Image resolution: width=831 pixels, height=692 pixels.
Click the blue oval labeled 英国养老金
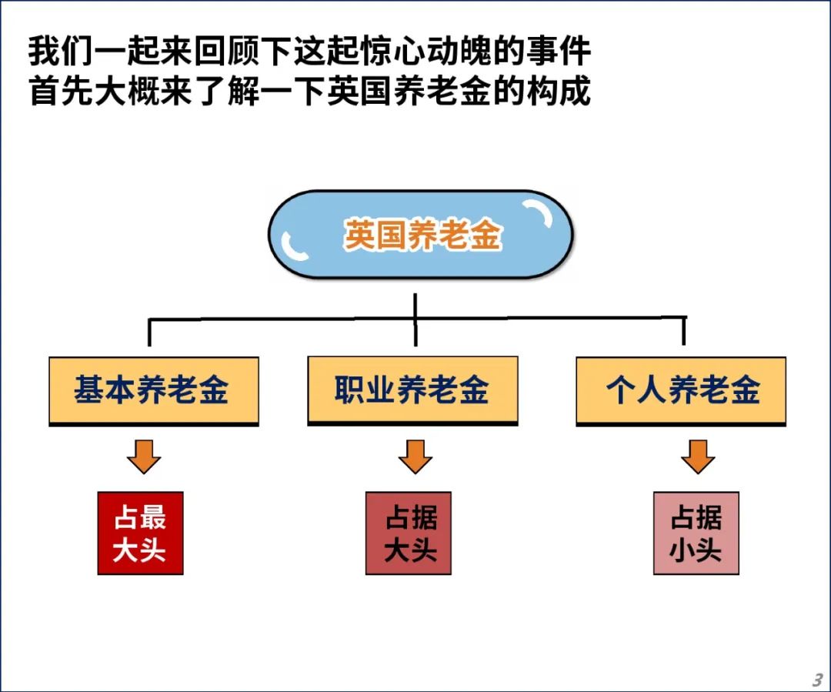click(x=421, y=234)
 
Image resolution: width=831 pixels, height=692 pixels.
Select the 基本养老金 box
click(x=154, y=391)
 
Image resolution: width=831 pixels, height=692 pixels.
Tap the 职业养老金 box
click(x=413, y=391)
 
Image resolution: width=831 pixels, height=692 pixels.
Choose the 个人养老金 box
click(x=681, y=391)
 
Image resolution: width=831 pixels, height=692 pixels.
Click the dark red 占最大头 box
click(x=141, y=533)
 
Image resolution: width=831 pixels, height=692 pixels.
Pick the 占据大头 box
click(x=409, y=533)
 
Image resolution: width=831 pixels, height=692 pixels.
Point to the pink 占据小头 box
click(x=696, y=533)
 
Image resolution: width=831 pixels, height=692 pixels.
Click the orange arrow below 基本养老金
click(x=144, y=456)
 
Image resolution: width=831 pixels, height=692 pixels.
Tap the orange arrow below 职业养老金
click(x=415, y=456)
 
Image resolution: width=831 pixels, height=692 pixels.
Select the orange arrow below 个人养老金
click(x=698, y=456)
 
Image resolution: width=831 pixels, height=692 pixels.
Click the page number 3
click(x=817, y=679)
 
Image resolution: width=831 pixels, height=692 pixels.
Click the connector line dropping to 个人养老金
click(x=684, y=331)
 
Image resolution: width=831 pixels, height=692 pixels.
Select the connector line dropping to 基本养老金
click(x=149, y=333)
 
